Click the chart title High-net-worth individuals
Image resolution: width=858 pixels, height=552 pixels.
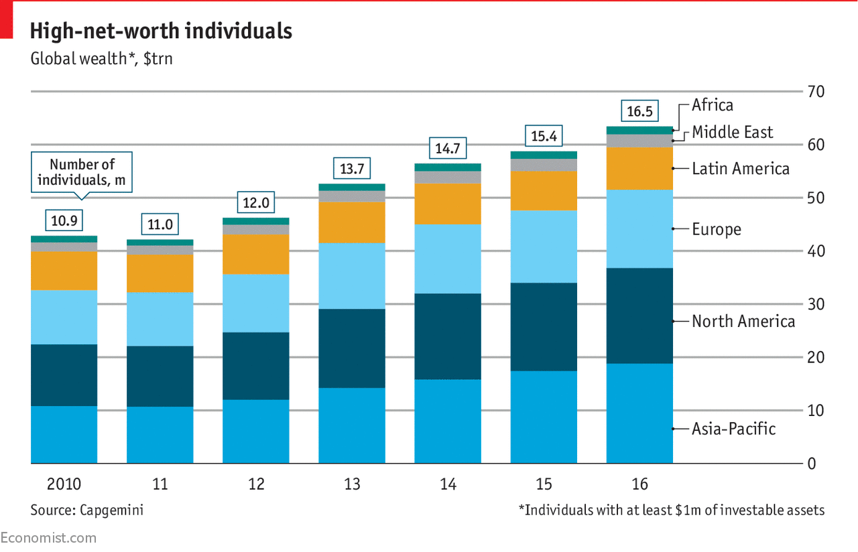click(161, 31)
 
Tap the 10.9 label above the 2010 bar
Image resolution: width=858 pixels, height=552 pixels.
click(64, 220)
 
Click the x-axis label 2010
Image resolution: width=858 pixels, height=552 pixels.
click(64, 484)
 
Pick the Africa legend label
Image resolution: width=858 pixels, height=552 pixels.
click(713, 105)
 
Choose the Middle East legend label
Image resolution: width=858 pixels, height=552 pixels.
click(733, 132)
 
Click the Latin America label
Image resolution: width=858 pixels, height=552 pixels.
click(741, 169)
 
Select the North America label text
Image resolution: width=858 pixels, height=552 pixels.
click(743, 322)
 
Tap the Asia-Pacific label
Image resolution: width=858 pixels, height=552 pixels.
click(733, 429)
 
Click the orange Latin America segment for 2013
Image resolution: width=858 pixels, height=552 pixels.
click(352, 222)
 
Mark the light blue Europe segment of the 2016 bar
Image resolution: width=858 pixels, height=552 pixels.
click(639, 229)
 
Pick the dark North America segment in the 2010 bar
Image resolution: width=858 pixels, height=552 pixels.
click(64, 375)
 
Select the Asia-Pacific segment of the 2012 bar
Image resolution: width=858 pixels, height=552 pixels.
click(256, 431)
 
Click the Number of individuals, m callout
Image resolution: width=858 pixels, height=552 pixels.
click(82, 172)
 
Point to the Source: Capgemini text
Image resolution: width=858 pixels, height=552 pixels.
click(86, 510)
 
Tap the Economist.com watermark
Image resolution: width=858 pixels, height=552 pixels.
click(48, 538)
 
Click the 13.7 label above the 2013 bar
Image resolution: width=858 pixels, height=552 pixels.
click(352, 169)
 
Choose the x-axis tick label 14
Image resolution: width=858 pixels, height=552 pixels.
click(448, 484)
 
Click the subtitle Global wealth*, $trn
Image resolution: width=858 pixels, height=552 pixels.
click(101, 58)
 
